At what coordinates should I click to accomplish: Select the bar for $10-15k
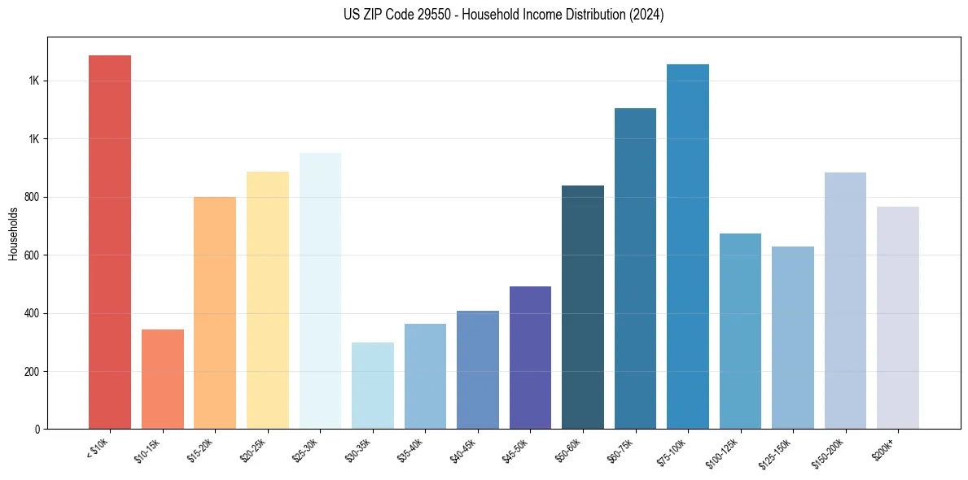pos(162,379)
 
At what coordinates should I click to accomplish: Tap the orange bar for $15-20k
pos(215,313)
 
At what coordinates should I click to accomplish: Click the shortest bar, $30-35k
pos(372,386)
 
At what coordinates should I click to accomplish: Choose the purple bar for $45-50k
pos(530,358)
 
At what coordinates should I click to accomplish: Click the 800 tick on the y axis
pos(33,197)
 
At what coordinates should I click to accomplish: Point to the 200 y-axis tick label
pos(33,372)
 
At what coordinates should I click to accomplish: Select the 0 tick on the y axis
pos(37,430)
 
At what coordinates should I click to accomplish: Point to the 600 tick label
pos(33,255)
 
